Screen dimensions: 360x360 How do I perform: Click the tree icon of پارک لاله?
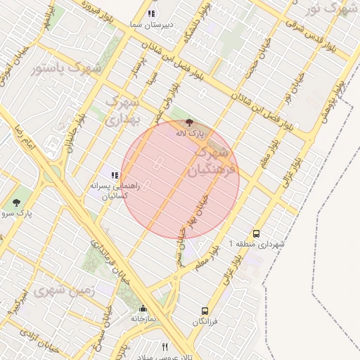click(189, 123)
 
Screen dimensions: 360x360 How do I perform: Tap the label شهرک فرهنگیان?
click(209, 160)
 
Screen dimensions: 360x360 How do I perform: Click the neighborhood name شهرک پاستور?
click(67, 68)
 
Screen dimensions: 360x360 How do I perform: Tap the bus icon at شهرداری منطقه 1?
click(255, 233)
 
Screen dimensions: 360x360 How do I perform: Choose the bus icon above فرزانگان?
click(205, 311)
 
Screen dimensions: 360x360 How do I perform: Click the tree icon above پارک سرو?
click(16, 202)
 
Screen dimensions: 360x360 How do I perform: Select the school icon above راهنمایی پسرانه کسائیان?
click(114, 175)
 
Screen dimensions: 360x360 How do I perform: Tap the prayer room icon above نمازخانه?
click(143, 309)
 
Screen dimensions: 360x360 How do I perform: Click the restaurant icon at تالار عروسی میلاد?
click(165, 346)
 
